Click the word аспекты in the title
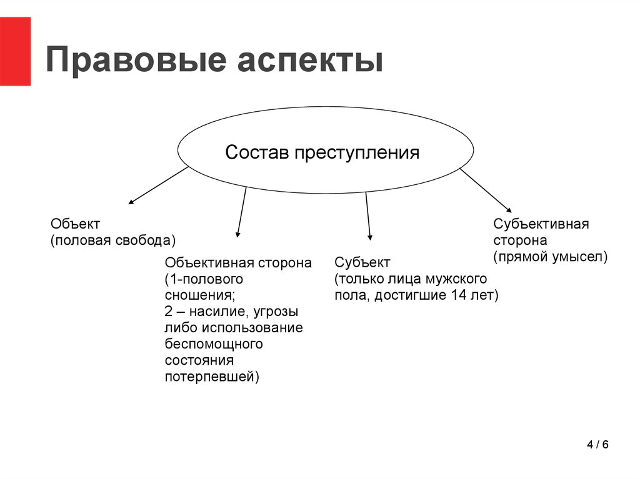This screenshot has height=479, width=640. [x=310, y=61]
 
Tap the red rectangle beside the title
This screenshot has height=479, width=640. [x=15, y=51]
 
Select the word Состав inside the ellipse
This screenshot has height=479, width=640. [x=257, y=152]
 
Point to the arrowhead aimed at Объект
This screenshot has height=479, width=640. [x=131, y=202]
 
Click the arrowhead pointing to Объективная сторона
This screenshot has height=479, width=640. [x=237, y=235]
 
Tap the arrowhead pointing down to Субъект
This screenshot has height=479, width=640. [x=370, y=237]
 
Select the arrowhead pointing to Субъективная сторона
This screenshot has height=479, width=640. [x=509, y=210]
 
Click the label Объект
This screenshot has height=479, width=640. [x=75, y=224]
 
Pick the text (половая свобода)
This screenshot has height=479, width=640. [x=113, y=240]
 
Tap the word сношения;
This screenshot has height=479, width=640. [x=200, y=295]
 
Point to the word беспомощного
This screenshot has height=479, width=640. [x=214, y=344]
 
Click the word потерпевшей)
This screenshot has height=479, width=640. [x=212, y=377]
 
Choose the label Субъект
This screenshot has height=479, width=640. [x=362, y=262]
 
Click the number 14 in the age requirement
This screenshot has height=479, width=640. [x=459, y=295]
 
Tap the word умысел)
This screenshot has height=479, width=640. [x=580, y=257]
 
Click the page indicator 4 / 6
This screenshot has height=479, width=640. [x=597, y=444]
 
